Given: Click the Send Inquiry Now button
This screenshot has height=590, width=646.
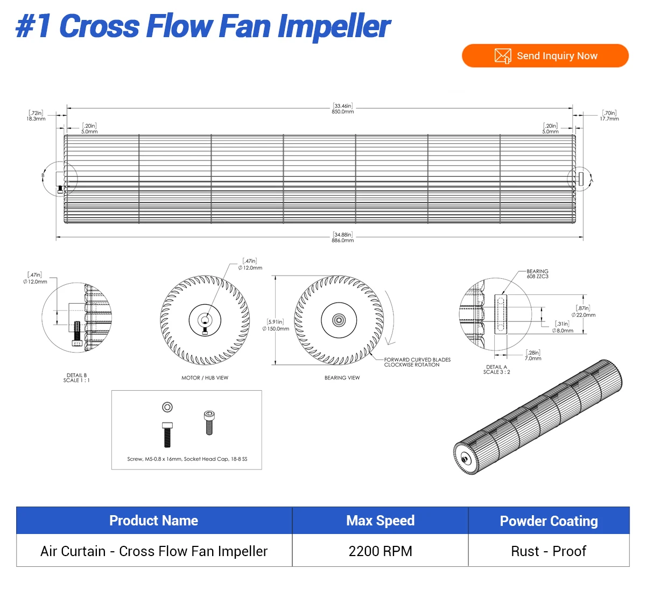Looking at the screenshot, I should pos(545,56).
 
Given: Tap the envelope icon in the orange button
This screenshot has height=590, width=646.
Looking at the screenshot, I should pos(502,56).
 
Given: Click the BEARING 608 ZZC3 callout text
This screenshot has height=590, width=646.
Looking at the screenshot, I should pos(537,274).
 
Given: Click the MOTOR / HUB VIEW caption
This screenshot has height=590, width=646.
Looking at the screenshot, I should pos(205,378).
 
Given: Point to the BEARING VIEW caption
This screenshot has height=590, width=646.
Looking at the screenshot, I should pos(342,378).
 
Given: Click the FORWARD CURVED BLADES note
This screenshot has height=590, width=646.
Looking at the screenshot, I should pos(417,362).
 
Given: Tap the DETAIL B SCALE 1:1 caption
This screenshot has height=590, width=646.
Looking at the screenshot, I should pos(76,378).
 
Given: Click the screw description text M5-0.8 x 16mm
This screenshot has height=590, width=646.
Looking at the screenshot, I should pos(187,459).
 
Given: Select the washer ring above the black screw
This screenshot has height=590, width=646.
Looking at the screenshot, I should pos(167,408).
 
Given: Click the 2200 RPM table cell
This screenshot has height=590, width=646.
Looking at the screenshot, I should pos(380,551).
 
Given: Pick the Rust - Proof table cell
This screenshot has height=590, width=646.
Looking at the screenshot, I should pos(549,551).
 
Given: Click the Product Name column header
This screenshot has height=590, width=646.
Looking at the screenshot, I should pos(153,521).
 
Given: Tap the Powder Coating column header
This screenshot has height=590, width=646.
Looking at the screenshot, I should pos(549,521).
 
